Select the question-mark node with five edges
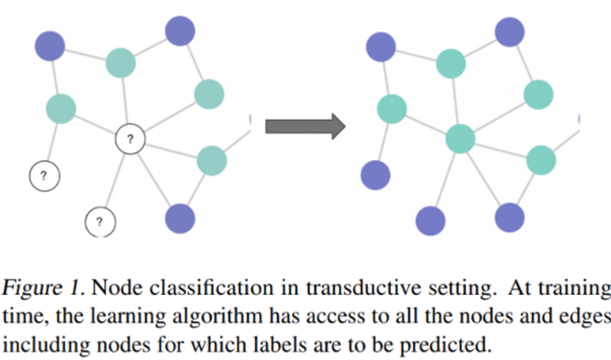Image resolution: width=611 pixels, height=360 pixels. [x=131, y=140]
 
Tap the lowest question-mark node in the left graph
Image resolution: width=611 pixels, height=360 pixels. [x=100, y=221]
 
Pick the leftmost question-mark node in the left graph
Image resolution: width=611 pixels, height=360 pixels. [x=44, y=174]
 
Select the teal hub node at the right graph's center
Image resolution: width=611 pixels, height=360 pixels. [x=460, y=140]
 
